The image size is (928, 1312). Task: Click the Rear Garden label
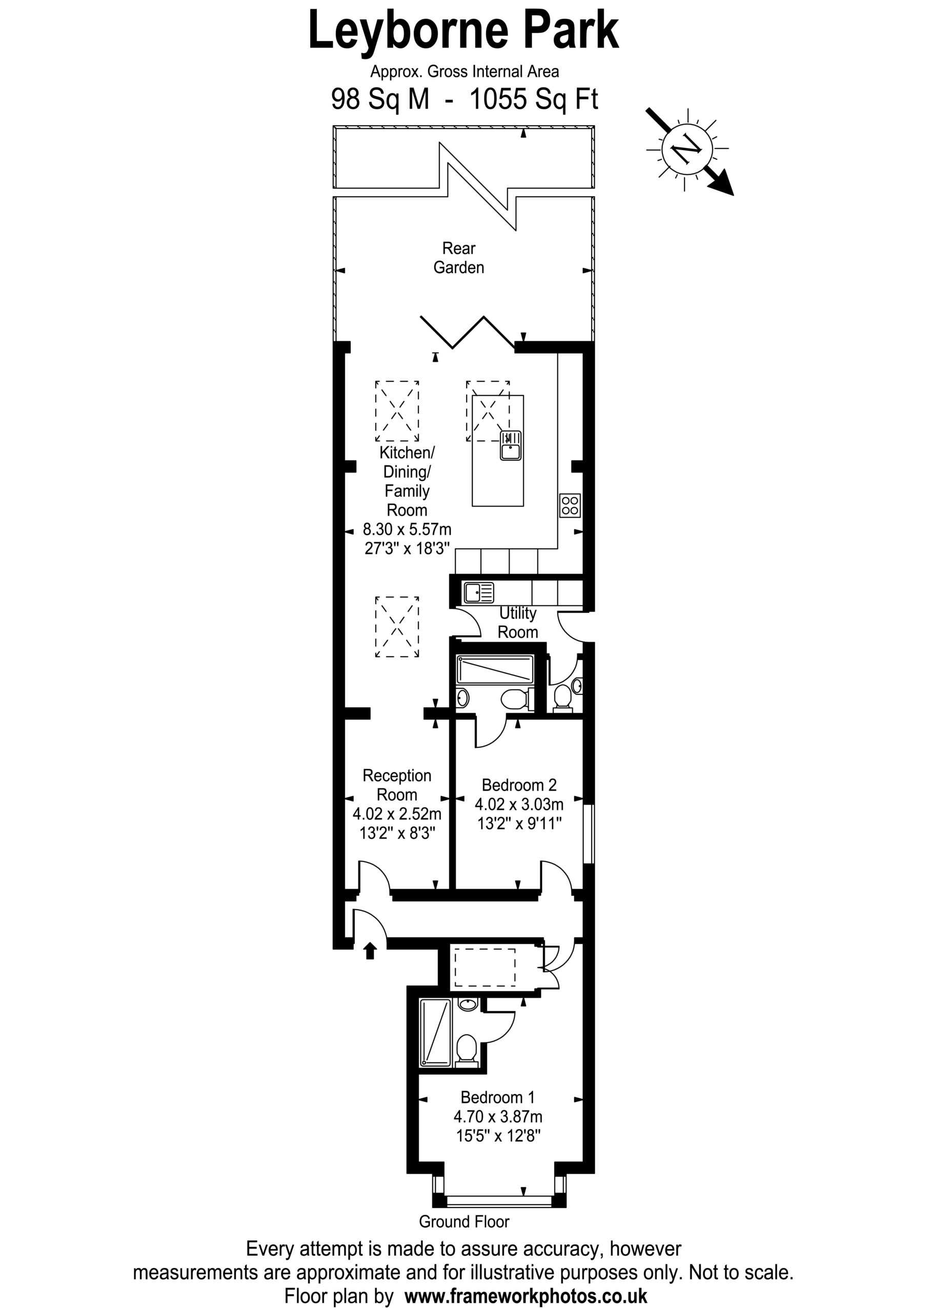click(458, 258)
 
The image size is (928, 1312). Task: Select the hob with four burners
click(570, 505)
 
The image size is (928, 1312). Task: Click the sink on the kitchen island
click(511, 445)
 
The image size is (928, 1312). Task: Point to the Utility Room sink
click(478, 592)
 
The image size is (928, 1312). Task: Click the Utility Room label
click(517, 622)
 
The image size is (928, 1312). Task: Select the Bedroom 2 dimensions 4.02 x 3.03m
click(519, 805)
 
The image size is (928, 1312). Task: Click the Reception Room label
click(397, 785)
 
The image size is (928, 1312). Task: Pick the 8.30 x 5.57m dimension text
click(407, 530)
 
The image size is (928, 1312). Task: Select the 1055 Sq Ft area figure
click(533, 99)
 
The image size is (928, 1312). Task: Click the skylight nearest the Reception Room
click(397, 627)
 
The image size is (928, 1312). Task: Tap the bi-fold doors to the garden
click(468, 332)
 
